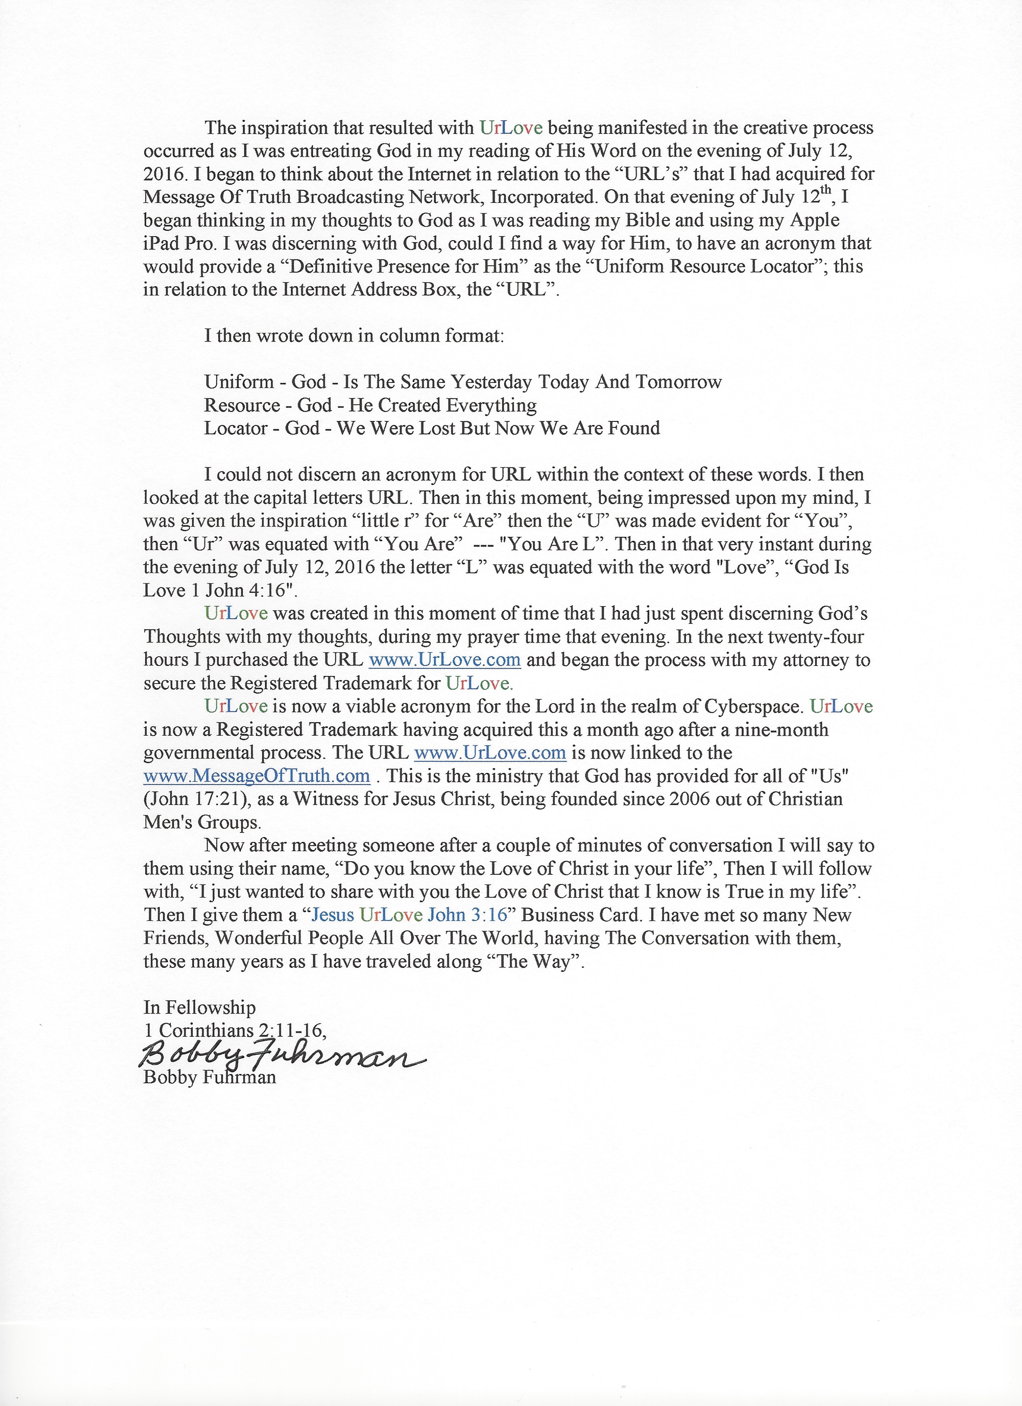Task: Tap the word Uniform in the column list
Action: coord(238,382)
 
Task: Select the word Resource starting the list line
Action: coord(242,405)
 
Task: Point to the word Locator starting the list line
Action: coord(236,428)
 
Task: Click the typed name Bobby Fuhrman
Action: coord(210,1077)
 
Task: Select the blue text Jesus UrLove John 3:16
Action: coord(409,915)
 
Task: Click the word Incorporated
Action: coord(542,197)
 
